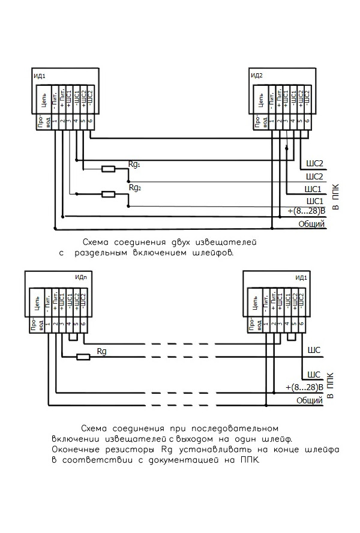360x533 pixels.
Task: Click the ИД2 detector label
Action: [257, 76]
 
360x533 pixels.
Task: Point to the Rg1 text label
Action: [134, 163]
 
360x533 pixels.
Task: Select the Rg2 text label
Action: [134, 188]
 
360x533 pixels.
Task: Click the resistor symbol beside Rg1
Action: [109, 169]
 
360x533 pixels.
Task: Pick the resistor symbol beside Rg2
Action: [109, 194]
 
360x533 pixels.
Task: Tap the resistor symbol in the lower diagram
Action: [83, 357]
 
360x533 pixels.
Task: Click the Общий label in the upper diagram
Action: [311, 224]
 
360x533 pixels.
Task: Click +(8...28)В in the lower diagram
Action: [305, 387]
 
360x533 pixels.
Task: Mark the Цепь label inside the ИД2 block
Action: [262, 100]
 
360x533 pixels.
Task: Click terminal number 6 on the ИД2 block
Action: [307, 122]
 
